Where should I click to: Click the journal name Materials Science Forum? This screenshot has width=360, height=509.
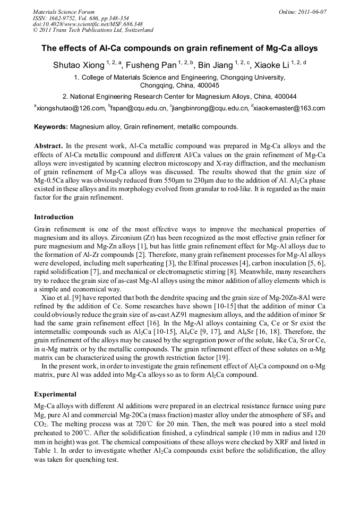(x=64, y=12)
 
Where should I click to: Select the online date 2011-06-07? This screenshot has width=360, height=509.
(x=312, y=12)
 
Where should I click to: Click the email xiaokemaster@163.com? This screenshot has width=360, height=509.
(x=290, y=109)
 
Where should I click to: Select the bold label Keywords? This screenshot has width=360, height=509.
(x=51, y=127)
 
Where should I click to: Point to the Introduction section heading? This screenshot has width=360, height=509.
(x=54, y=217)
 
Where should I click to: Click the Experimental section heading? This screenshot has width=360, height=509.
(x=55, y=395)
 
